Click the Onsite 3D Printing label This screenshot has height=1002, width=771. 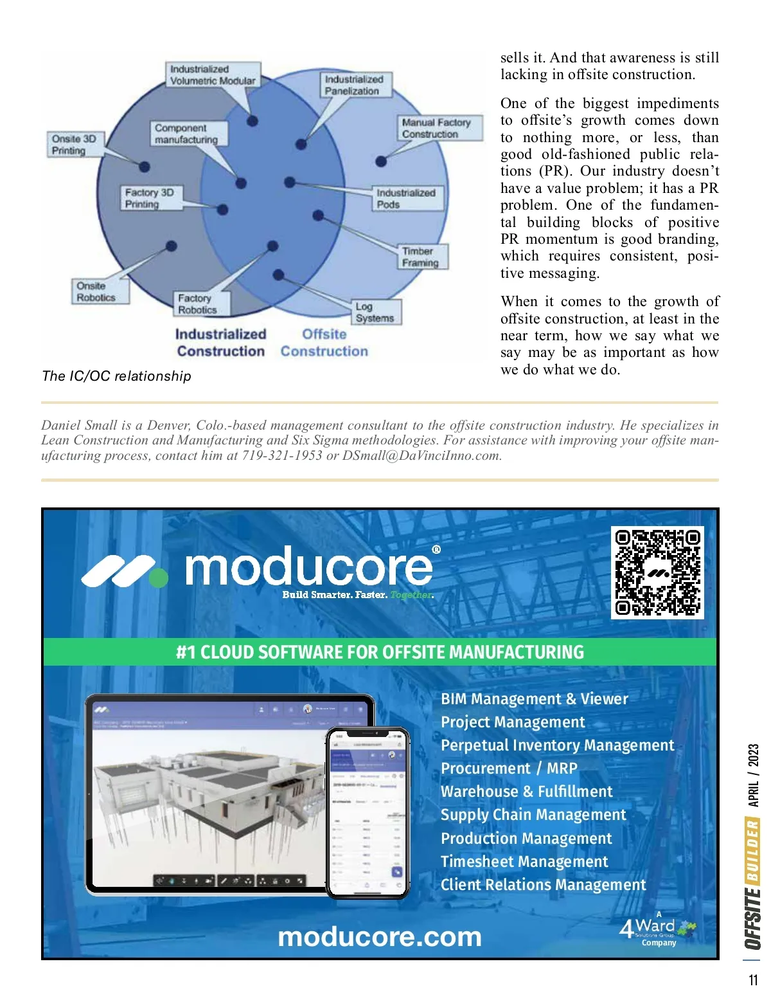point(74,145)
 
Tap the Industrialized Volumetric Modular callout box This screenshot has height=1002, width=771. point(213,75)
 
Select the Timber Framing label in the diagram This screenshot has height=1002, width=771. point(421,257)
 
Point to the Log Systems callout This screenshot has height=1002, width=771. point(375,312)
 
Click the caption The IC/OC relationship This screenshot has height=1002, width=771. point(116,376)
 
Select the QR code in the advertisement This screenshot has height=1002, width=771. point(657,572)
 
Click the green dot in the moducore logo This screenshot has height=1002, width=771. point(159,578)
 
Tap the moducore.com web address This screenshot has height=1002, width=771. point(379,936)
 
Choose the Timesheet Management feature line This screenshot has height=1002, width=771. point(524,862)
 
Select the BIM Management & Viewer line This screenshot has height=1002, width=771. point(535,699)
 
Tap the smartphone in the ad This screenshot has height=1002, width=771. point(368,812)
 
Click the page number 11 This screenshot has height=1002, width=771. point(753,980)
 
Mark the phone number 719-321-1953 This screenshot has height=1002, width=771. point(282,456)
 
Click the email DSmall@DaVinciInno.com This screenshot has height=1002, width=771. point(421,456)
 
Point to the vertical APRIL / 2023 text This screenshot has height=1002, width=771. point(753,775)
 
